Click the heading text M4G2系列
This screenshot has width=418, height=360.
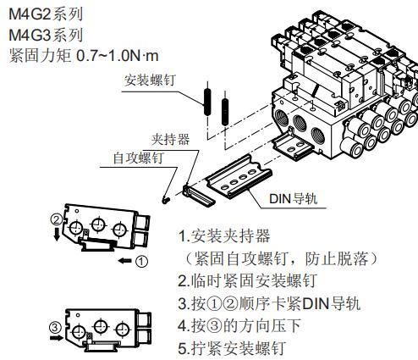pyautogui.click(x=46, y=14)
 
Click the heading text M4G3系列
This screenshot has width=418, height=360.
pyautogui.click(x=46, y=35)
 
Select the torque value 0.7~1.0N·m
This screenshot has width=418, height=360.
pyautogui.click(x=118, y=56)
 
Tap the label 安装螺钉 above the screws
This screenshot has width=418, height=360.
pyautogui.click(x=150, y=80)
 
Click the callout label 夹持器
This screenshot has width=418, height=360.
pyautogui.click(x=170, y=139)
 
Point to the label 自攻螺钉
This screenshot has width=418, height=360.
pyautogui.click(x=138, y=158)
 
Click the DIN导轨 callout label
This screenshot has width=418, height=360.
pyautogui.click(x=294, y=198)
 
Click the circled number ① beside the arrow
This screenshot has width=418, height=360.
pyautogui.click(x=141, y=262)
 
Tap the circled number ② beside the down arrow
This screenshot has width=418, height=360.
pyautogui.click(x=57, y=219)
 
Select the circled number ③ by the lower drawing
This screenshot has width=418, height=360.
pyautogui.click(x=55, y=328)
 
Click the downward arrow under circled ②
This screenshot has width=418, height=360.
pyautogui.click(x=57, y=234)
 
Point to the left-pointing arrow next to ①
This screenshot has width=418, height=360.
pyautogui.click(x=125, y=261)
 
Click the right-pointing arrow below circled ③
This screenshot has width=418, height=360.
pyautogui.click(x=56, y=338)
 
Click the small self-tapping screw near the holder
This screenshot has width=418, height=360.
pyautogui.click(x=167, y=200)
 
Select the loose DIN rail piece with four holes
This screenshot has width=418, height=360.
pyautogui.click(x=239, y=177)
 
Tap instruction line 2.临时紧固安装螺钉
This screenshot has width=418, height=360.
pyautogui.click(x=248, y=280)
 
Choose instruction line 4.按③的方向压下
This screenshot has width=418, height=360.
pyautogui.click(x=239, y=325)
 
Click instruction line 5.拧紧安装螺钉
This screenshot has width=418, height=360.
pyautogui.click(x=232, y=348)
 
